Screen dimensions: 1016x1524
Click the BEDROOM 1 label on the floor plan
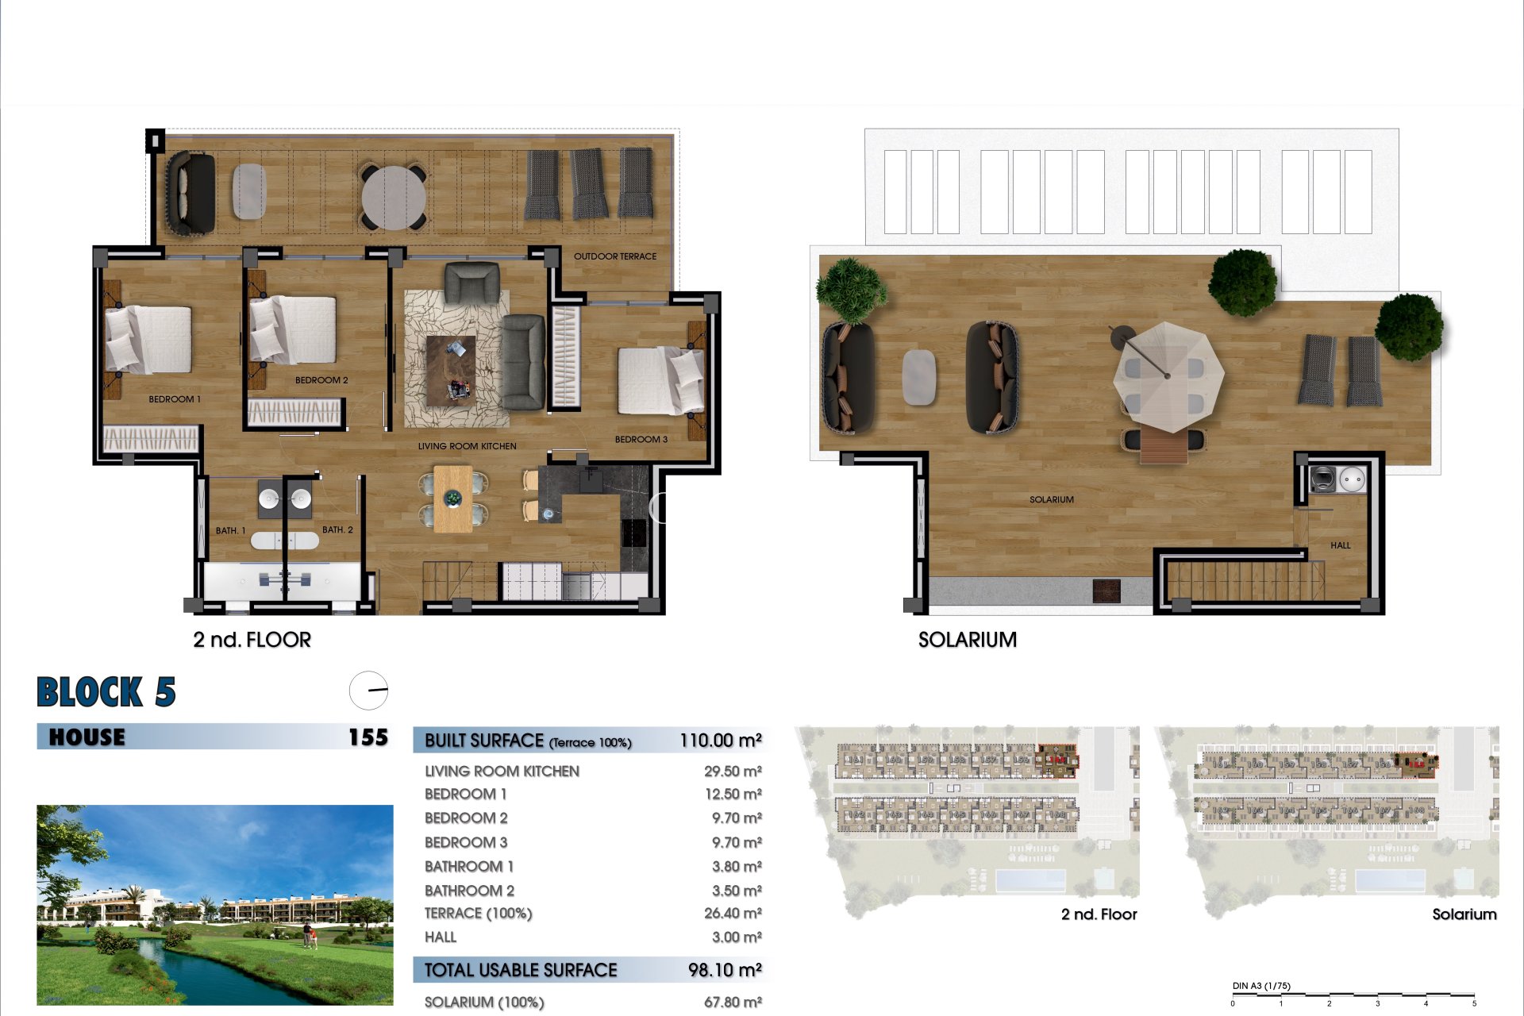[x=175, y=399]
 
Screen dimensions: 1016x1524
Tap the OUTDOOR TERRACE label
[x=614, y=256]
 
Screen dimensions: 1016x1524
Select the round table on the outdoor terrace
[x=394, y=196]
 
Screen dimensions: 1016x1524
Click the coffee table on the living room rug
[x=451, y=370]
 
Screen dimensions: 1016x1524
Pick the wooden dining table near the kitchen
[x=452, y=498]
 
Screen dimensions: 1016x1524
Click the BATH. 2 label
[x=337, y=529]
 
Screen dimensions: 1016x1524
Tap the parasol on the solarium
[x=1167, y=375]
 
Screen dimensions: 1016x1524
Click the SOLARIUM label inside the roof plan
[x=1051, y=499]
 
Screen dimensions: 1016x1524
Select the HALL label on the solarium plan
[x=1340, y=545]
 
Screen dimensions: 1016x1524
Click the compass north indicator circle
[x=368, y=690]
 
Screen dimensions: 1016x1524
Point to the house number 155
[x=368, y=737]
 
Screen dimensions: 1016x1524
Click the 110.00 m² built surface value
[x=720, y=741]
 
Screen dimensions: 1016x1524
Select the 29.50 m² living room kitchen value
[x=732, y=771]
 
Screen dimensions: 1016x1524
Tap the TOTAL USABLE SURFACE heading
[x=520, y=970]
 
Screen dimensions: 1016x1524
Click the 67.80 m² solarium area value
[x=732, y=1002]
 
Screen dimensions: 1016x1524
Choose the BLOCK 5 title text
[x=106, y=692]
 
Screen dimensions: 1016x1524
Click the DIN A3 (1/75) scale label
[x=1260, y=986]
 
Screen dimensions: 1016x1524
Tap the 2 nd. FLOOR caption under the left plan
[x=252, y=640]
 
